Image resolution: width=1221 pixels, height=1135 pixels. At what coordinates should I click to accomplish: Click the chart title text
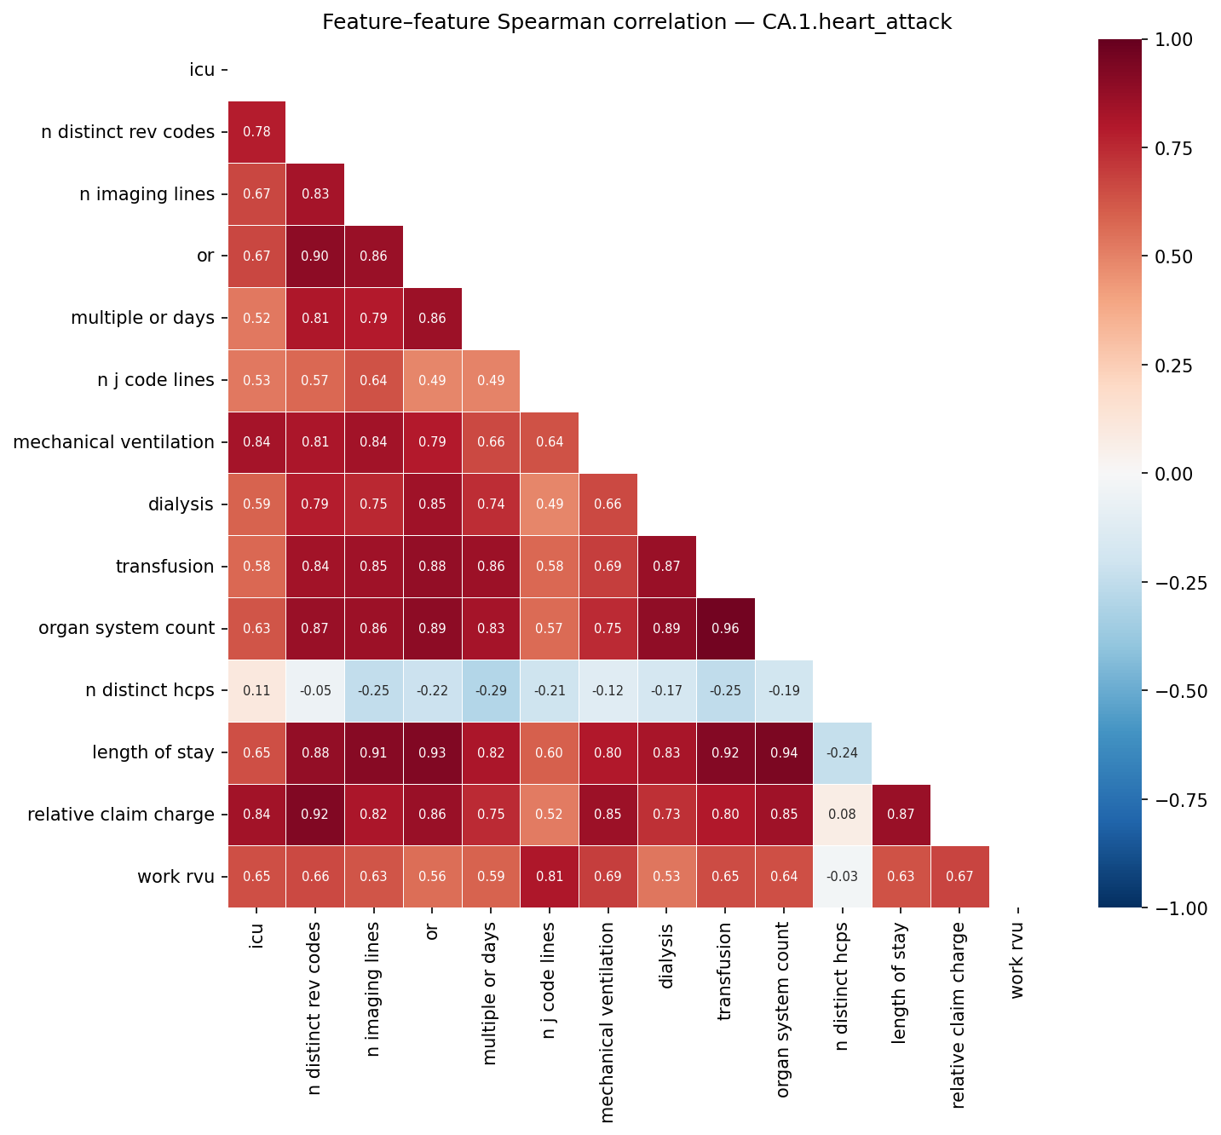coord(636,23)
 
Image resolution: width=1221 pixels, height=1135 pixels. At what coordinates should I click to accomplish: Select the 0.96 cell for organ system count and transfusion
coord(725,629)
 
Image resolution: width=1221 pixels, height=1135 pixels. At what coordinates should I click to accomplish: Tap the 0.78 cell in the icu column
coord(256,132)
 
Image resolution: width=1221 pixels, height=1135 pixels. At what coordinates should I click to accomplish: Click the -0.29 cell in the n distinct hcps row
coord(491,691)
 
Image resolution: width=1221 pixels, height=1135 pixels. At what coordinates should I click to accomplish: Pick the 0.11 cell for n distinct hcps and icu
coord(256,691)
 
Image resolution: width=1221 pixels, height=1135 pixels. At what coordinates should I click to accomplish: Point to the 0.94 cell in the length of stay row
coord(784,753)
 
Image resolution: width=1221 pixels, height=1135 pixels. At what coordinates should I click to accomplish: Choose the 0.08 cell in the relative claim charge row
coord(843,815)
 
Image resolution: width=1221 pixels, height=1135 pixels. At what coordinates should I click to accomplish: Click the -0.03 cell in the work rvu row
coord(843,877)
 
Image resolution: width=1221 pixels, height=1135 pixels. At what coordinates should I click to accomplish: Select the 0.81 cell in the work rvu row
coord(550,877)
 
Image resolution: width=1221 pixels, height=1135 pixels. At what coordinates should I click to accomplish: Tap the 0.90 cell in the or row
coord(315,256)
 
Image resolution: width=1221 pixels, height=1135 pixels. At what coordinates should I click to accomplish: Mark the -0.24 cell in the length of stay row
coord(843,753)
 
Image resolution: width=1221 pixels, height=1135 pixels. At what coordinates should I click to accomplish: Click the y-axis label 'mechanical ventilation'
coord(113,442)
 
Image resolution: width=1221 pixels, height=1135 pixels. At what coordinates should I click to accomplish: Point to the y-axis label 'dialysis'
coord(180,504)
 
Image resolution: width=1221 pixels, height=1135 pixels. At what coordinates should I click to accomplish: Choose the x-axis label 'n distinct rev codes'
coord(315,996)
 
